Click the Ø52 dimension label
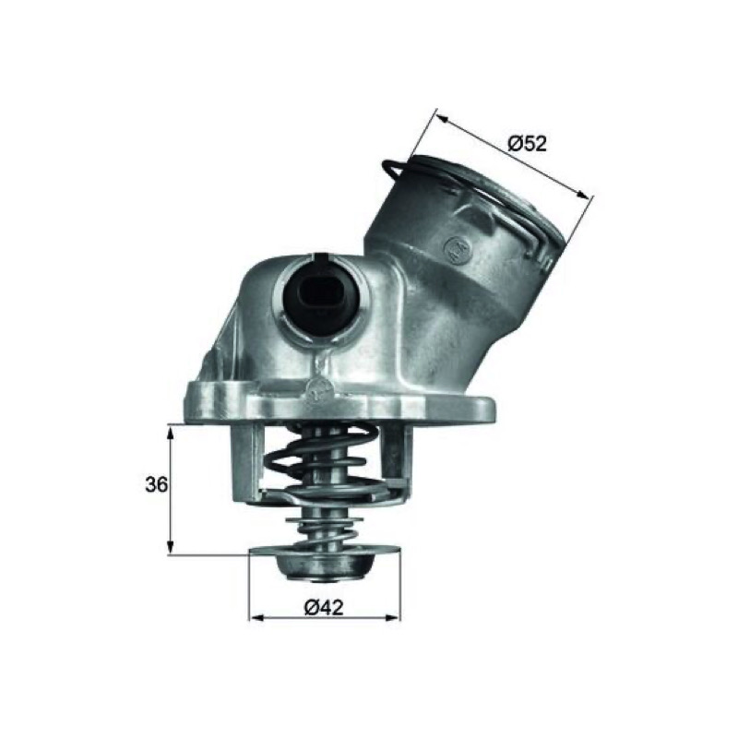click(x=528, y=143)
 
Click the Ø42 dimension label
click(x=324, y=607)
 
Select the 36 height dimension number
click(x=156, y=484)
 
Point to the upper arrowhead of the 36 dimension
click(x=171, y=434)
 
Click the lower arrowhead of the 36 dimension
click(x=171, y=545)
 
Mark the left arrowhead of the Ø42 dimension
click(x=256, y=617)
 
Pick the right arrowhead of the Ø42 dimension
click(x=392, y=617)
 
